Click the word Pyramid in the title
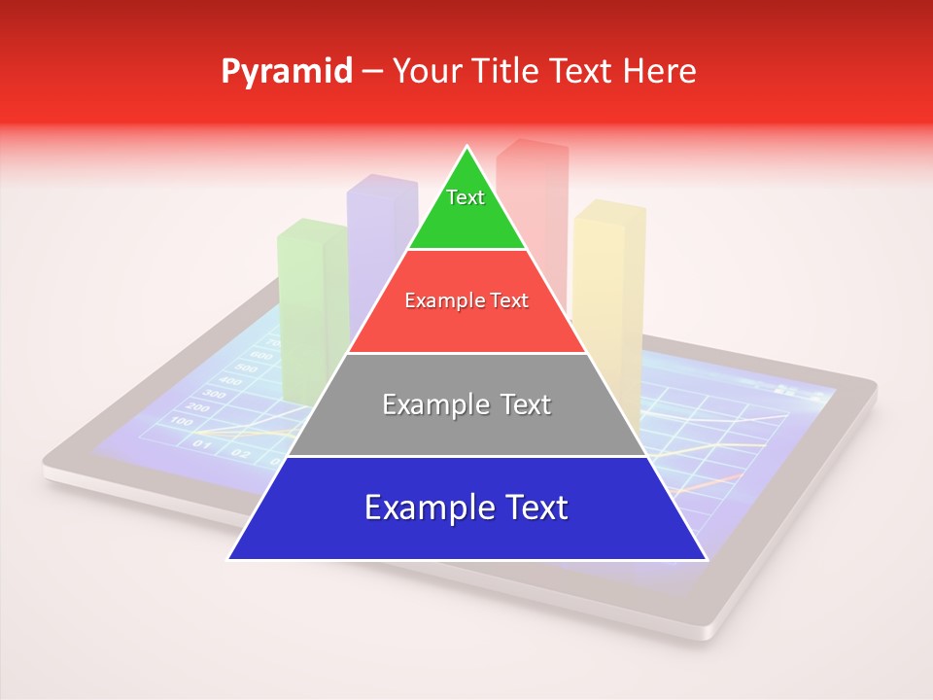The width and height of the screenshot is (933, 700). [x=286, y=72]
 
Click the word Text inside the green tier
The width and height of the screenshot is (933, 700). [x=466, y=197]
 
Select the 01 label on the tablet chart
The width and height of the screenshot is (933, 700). [x=202, y=445]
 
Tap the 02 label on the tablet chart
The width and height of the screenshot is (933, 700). [x=240, y=452]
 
